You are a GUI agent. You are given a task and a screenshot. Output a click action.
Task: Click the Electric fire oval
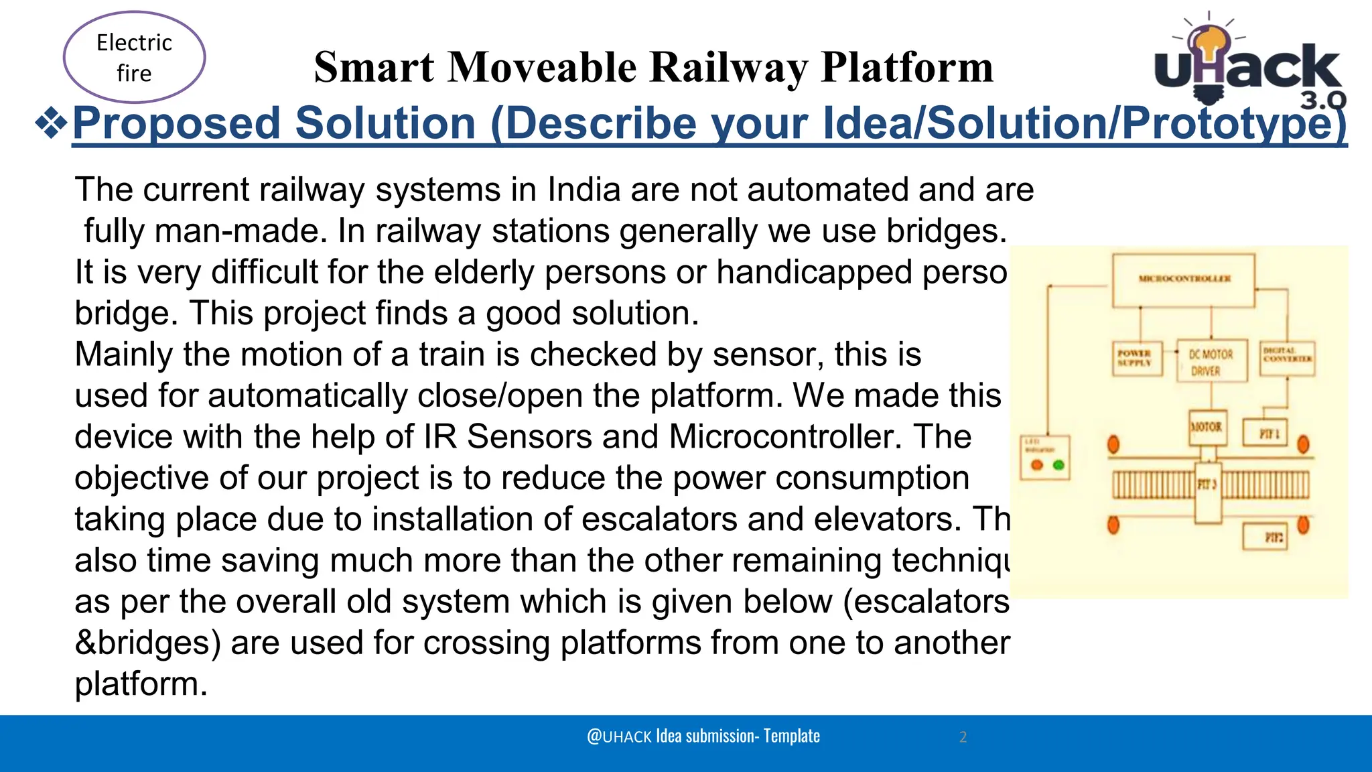coord(134,58)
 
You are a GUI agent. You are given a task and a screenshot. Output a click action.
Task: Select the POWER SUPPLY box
coord(1136,358)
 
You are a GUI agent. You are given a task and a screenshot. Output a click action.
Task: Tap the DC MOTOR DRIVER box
coord(1211,362)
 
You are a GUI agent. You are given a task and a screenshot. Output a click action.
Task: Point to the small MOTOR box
coord(1207,428)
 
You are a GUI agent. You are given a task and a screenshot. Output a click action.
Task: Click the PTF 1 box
coord(1265,434)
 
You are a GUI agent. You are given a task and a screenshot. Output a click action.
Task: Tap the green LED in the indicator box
coord(1059,465)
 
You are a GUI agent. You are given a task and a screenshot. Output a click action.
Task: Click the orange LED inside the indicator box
coord(1037,465)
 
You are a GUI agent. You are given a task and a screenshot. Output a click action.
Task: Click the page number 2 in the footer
coord(963,737)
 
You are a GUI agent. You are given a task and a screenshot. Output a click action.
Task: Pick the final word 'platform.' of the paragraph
coord(141,684)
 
